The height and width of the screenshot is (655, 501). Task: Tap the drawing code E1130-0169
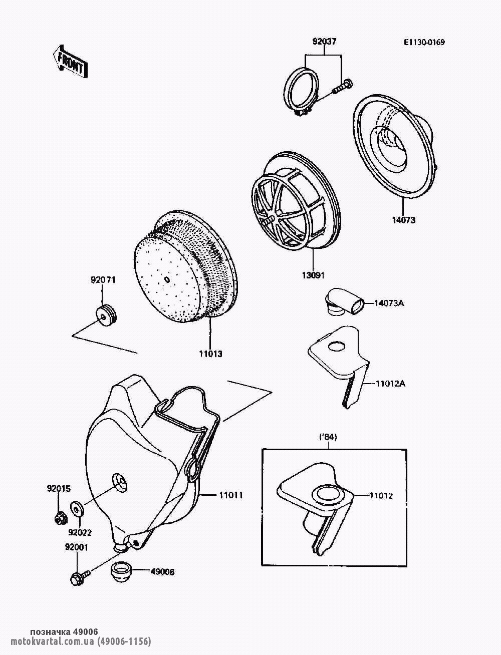click(424, 42)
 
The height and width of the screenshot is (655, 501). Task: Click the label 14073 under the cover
click(403, 220)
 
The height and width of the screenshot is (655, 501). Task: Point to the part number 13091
click(313, 275)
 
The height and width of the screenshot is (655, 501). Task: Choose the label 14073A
click(389, 302)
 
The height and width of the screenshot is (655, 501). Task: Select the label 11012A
click(389, 384)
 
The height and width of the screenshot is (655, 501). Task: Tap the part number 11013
click(210, 354)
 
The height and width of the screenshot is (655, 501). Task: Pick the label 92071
click(103, 280)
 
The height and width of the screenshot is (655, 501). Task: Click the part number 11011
click(230, 495)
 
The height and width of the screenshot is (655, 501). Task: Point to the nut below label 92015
click(59, 516)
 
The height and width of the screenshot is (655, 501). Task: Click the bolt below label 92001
click(81, 575)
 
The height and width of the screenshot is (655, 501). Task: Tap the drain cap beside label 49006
click(121, 571)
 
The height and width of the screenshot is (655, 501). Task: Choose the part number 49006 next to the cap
click(162, 571)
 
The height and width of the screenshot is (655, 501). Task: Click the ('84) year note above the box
click(328, 437)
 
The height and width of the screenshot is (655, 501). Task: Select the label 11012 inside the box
click(381, 496)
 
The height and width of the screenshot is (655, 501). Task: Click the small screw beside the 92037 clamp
click(342, 87)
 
